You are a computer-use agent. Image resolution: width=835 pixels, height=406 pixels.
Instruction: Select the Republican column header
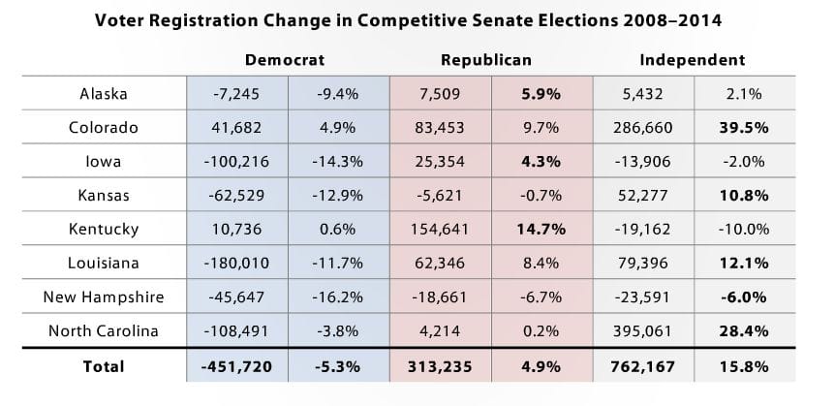[486, 60]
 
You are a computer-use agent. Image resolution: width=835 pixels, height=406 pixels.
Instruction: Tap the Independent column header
[692, 60]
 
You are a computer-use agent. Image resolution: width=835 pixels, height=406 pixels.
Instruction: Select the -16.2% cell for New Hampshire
[338, 297]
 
